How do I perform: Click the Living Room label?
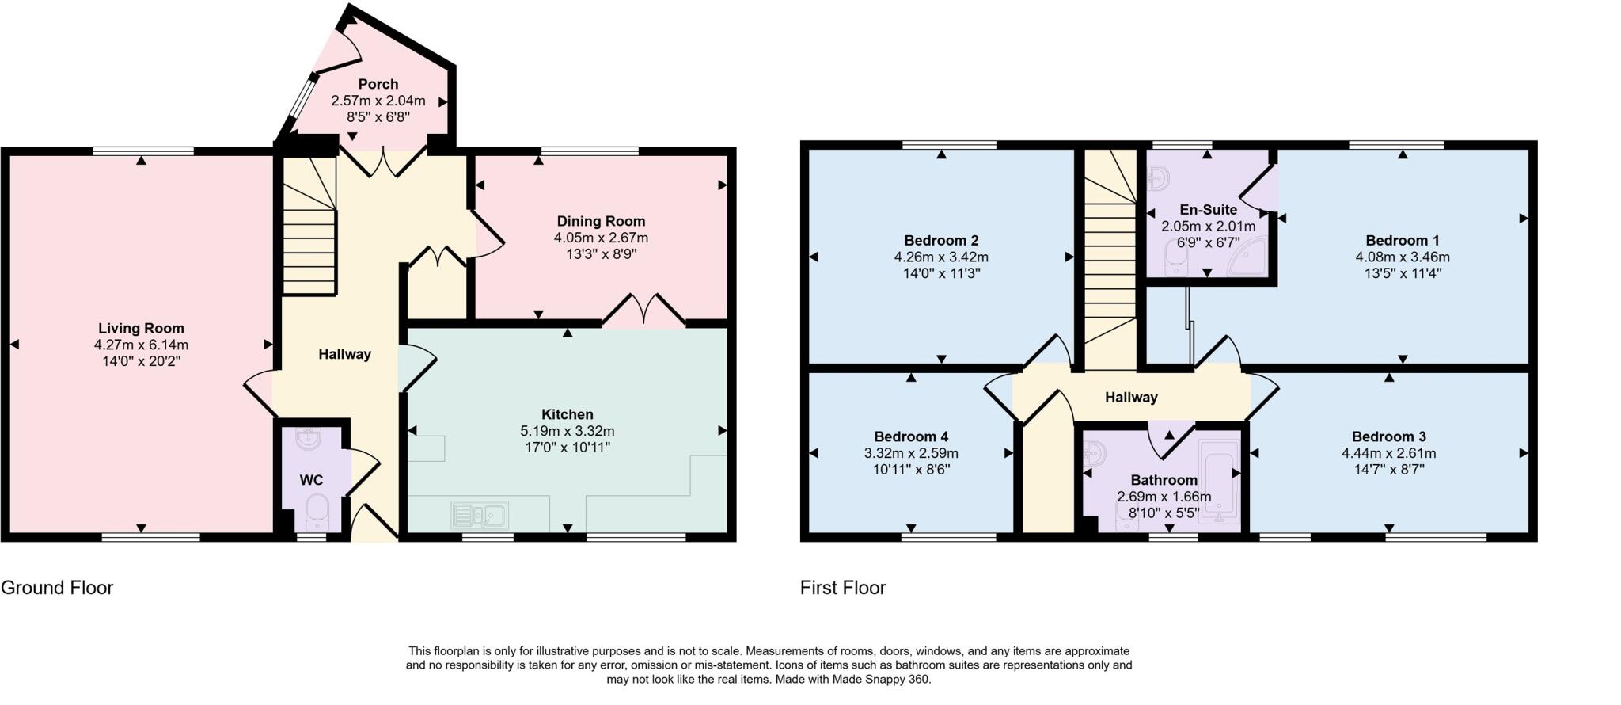(141, 328)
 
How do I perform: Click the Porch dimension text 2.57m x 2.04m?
(378, 101)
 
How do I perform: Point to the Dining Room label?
(601, 221)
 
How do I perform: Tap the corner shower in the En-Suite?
(1249, 257)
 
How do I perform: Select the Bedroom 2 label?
(941, 240)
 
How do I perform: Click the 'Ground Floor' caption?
(57, 588)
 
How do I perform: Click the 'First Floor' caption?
(843, 588)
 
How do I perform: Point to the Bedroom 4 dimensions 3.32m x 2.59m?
(911, 453)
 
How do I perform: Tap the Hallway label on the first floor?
(1131, 397)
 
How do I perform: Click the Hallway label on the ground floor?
(344, 354)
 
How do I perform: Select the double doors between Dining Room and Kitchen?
(644, 311)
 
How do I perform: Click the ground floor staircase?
(309, 230)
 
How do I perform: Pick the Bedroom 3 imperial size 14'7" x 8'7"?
(1388, 469)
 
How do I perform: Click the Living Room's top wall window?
(143, 151)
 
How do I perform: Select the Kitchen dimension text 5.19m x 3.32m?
(567, 431)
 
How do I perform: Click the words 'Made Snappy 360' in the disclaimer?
(884, 680)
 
